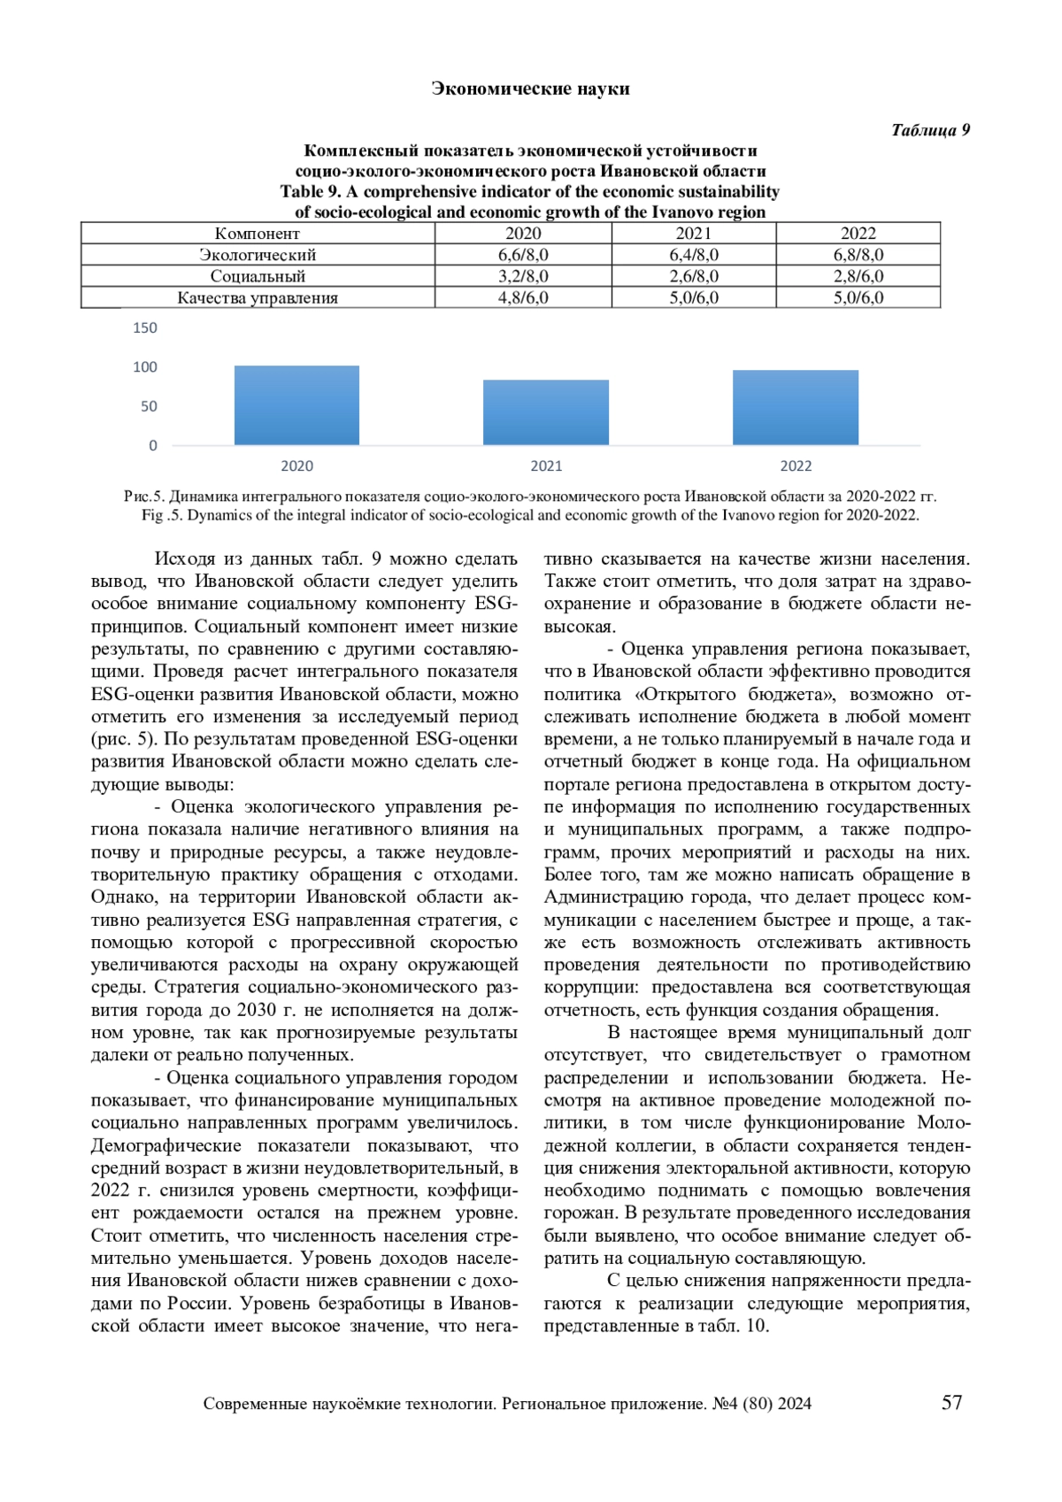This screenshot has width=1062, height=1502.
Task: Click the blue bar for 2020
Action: click(x=296, y=405)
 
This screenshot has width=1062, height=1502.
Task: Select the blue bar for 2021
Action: click(x=546, y=412)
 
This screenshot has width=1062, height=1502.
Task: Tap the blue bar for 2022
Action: click(x=796, y=407)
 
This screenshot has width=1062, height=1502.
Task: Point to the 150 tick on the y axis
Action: click(x=145, y=328)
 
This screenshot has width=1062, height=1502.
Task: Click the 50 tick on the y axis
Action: click(x=149, y=407)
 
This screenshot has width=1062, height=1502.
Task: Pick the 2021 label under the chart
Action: click(x=546, y=466)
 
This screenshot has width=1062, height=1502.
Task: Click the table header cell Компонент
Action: click(x=258, y=234)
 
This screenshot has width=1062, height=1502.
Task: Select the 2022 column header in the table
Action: click(x=858, y=234)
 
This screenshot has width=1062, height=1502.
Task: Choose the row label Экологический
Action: click(x=258, y=255)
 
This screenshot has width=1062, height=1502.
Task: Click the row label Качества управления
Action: click(x=258, y=298)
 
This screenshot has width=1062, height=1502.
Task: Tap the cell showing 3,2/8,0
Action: click(x=523, y=276)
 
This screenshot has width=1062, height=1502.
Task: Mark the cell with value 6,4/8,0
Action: click(x=694, y=255)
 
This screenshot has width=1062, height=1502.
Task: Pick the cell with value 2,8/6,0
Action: click(x=858, y=276)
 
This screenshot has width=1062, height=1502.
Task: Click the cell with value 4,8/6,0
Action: click(x=523, y=298)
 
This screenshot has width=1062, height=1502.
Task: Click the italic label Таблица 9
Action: click(x=930, y=130)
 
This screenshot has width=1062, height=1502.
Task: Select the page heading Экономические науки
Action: click(x=530, y=89)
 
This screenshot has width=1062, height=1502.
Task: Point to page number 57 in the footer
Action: click(x=951, y=1402)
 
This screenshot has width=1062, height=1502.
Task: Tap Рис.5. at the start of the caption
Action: click(x=144, y=497)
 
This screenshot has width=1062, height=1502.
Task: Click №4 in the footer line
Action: click(x=725, y=1404)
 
